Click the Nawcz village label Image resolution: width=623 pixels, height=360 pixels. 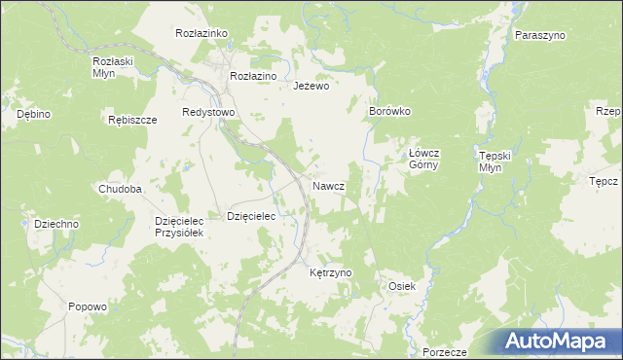(328, 185)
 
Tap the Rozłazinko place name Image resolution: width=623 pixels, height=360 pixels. (202, 33)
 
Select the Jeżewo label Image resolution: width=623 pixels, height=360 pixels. (312, 86)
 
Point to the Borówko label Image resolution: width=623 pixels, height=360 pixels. (390, 111)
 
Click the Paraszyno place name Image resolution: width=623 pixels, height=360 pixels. (541, 35)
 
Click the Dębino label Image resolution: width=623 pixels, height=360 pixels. (34, 114)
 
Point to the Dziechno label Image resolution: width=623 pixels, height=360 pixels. (56, 224)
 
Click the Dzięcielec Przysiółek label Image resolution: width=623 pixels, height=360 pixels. (178, 227)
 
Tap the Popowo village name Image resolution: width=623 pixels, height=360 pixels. (88, 306)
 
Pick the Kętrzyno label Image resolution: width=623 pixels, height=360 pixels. (330, 273)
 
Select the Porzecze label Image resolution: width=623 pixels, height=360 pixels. (446, 351)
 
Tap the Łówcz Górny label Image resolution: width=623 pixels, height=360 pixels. (424, 159)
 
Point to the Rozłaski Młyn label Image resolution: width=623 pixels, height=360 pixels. (112, 66)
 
